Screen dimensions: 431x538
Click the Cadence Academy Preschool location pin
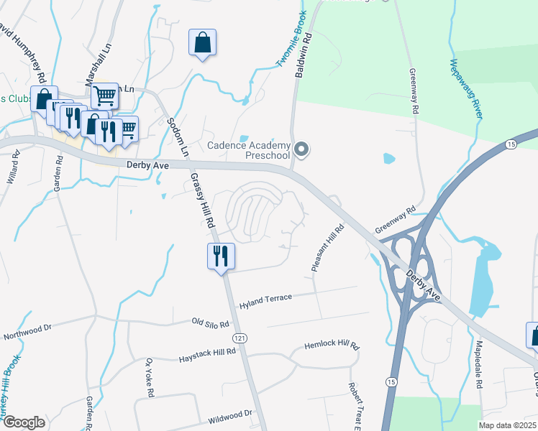click(x=302, y=150)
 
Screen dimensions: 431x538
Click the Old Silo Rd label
click(x=211, y=322)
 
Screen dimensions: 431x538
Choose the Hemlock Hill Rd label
click(x=332, y=346)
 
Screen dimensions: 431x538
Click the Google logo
click(x=24, y=422)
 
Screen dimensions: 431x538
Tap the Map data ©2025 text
click(x=508, y=425)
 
